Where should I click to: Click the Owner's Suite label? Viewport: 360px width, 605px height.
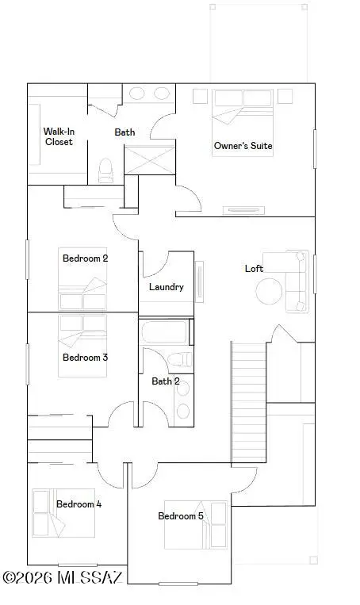pyautogui.click(x=243, y=146)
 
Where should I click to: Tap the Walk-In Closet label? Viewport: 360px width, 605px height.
pyautogui.click(x=58, y=136)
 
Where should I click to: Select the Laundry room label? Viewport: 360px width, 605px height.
pyautogui.click(x=167, y=287)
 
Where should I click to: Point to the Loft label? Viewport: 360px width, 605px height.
pyautogui.click(x=254, y=269)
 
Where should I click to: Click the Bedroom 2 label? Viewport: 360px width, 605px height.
pyautogui.click(x=85, y=258)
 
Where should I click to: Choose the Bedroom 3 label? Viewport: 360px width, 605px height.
pyautogui.click(x=85, y=358)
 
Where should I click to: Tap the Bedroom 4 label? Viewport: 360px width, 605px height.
pyautogui.click(x=79, y=504)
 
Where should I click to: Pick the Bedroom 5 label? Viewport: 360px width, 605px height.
pyautogui.click(x=181, y=516)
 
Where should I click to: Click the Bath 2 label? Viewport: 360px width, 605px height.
pyautogui.click(x=166, y=381)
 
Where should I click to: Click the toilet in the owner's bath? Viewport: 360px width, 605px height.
pyautogui.click(x=105, y=170)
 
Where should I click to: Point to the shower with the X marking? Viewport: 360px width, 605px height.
pyautogui.click(x=147, y=161)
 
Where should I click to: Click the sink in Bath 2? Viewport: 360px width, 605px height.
pyautogui.click(x=183, y=410)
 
